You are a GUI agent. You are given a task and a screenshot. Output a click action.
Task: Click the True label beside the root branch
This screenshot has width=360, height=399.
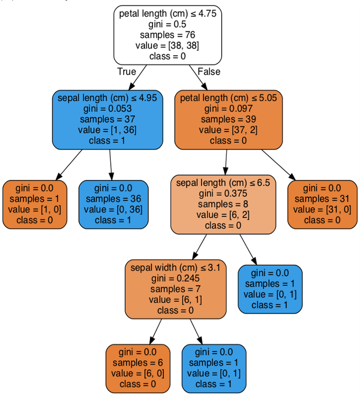pyautogui.click(x=126, y=72)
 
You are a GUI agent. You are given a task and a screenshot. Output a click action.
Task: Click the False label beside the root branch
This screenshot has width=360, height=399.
pyautogui.click(x=209, y=72)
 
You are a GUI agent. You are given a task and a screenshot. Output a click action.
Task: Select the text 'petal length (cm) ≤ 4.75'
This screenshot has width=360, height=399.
pyautogui.click(x=167, y=13)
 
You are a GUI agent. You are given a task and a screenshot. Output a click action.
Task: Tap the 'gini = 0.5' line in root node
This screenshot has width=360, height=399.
pyautogui.click(x=167, y=24)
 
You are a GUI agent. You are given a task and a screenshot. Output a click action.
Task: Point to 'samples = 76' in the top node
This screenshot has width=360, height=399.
pyautogui.click(x=167, y=35)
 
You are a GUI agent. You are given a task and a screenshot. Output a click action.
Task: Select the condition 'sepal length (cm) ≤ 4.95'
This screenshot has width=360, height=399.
pyautogui.click(x=107, y=98)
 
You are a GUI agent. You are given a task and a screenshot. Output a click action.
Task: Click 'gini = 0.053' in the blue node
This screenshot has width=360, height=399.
pyautogui.click(x=107, y=109)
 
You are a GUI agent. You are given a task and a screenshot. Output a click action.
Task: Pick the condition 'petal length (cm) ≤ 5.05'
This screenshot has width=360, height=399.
pyautogui.click(x=228, y=98)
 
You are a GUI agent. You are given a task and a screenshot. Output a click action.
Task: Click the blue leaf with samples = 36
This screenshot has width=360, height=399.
pyautogui.click(x=113, y=204)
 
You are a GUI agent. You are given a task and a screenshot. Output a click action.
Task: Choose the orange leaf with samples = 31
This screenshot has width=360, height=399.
pyautogui.click(x=322, y=204)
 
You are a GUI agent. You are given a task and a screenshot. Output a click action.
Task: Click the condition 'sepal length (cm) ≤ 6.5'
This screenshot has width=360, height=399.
pyautogui.click(x=223, y=183)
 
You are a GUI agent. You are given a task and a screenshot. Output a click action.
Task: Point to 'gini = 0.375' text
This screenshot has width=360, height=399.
pyautogui.click(x=223, y=193)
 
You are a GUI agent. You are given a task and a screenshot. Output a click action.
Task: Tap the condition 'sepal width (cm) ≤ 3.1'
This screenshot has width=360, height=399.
pyautogui.click(x=175, y=268)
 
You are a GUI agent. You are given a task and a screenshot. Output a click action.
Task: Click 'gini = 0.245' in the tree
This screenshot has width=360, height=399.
pyautogui.click(x=175, y=278)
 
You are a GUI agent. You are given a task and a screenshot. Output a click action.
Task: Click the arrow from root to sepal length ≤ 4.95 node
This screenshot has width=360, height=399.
pyautogui.click(x=138, y=77)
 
